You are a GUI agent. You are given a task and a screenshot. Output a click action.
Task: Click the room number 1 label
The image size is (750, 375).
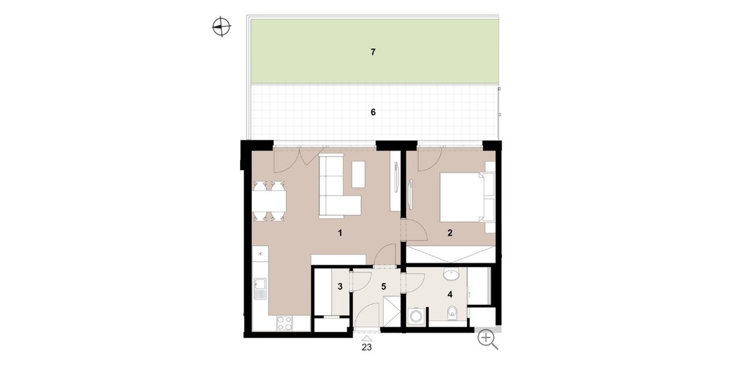point(340,232)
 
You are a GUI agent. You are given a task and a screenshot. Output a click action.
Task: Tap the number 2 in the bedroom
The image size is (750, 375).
point(450,232)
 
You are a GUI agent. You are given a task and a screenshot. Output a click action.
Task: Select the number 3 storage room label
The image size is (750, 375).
point(340,287)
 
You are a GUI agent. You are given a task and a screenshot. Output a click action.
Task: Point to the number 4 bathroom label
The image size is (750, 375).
point(450,294)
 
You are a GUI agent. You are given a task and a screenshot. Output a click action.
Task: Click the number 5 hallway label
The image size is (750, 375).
point(384,287)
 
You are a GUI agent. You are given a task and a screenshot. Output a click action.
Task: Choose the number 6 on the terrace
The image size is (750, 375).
point(373,112)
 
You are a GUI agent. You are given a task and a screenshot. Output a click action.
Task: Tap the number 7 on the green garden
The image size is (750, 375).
point(373,52)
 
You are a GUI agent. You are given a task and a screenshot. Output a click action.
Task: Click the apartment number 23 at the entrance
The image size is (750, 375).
point(367,347)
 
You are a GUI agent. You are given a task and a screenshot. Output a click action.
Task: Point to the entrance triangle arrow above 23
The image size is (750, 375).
point(367,339)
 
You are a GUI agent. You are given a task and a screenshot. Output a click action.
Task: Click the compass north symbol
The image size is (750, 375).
point(222,26)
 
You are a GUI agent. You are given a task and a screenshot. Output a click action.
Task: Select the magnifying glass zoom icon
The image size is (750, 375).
point(488,339)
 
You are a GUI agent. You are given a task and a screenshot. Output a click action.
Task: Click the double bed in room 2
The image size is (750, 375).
point(467,197)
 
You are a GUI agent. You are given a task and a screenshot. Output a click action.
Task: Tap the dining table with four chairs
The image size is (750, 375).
point(269,201)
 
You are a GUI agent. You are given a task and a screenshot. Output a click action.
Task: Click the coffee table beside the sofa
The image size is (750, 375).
point(358,174)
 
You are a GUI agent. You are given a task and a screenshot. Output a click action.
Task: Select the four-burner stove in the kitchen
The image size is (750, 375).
point(284,324)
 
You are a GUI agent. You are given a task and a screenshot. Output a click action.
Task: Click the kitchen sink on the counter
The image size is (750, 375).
point(261,288)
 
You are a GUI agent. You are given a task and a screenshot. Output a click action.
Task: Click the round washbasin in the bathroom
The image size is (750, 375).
point(452,274)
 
